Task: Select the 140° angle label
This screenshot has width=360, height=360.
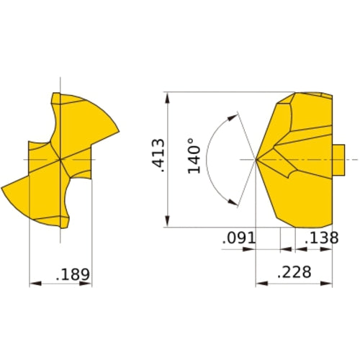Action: click(x=192, y=156)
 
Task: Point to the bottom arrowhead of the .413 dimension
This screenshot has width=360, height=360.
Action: click(x=167, y=223)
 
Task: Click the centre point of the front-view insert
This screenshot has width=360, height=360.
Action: click(x=60, y=158)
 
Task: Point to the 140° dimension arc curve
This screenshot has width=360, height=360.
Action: click(x=207, y=158)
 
